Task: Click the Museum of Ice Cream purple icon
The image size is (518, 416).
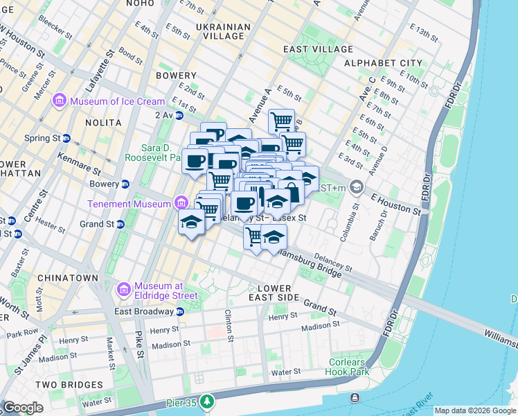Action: click(60, 101)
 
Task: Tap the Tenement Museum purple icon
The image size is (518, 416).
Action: click(181, 203)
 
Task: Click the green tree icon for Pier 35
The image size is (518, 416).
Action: click(206, 401)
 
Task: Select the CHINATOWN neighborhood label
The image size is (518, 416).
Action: click(68, 277)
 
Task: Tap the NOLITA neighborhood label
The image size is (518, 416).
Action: click(102, 123)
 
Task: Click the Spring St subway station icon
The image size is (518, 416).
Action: click(66, 138)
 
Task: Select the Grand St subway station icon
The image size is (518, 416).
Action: click(120, 224)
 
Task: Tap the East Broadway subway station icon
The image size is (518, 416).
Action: click(180, 311)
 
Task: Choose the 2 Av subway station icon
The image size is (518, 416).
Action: click(179, 115)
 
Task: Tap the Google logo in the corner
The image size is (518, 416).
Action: click(22, 407)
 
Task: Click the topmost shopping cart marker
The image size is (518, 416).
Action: click(281, 121)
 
